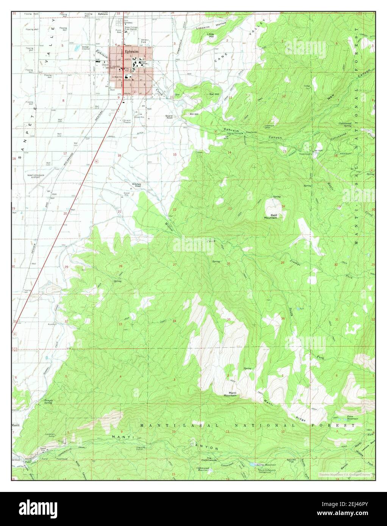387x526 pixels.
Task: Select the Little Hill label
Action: point(211,35)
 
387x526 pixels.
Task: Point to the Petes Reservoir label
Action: point(352,418)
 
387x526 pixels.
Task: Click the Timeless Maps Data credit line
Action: point(346,474)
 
